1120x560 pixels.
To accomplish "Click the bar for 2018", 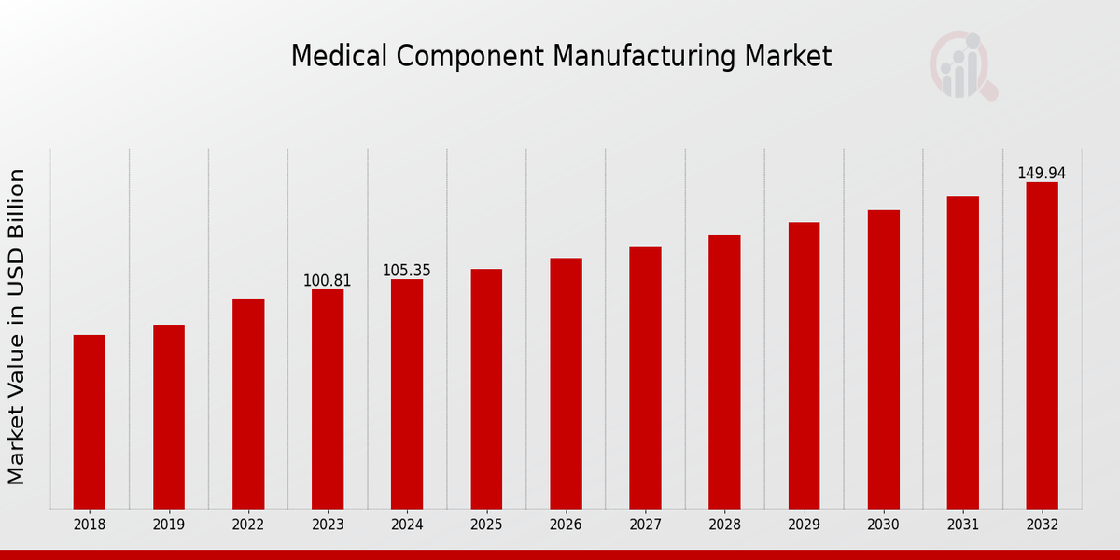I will coord(90,422).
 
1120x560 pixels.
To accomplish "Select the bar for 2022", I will coord(248,403).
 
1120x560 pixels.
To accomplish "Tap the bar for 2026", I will coord(566,383).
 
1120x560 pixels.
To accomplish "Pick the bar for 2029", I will coord(804,365).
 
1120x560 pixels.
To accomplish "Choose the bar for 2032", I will coord(1042,345).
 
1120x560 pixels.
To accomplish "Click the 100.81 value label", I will coord(328,280).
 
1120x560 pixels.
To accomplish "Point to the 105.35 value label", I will coord(407,271).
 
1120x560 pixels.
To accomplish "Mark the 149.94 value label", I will coord(1042,173).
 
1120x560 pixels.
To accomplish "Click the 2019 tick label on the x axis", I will coord(169,525).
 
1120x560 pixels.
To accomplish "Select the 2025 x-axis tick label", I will coord(486,525).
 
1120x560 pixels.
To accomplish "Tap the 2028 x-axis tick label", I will coord(724,525).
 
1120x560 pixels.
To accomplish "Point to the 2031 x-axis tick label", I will coord(962,525).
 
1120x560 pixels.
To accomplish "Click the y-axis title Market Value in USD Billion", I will coord(17,327).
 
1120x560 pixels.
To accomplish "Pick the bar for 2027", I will coord(645,377).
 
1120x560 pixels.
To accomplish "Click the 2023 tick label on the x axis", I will coord(328,525).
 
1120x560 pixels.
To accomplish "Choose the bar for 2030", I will coord(883,358).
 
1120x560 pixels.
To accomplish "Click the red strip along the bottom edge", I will coord(560,554).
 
